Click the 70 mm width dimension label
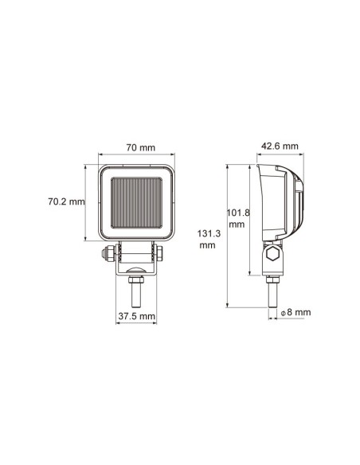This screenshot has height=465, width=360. pos(139,147)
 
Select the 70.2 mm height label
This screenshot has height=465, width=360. pos(65,201)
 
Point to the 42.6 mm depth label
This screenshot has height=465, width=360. pos(279,146)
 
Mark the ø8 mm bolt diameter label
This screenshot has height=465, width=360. pos(295,313)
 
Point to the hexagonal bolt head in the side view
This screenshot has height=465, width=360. pos(272,255)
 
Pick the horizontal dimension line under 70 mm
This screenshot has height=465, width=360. pos(139,156)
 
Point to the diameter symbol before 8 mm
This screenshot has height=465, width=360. pos(284,314)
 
